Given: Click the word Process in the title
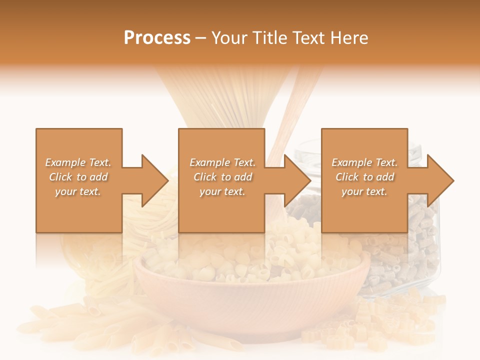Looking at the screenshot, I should [x=157, y=38].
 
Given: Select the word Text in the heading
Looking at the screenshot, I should [x=307, y=38].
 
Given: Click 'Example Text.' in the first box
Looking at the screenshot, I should [x=78, y=162].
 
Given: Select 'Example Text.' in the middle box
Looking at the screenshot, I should [x=222, y=162].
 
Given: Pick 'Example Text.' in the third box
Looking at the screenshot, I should [x=364, y=162].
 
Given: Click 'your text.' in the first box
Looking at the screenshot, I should [x=78, y=191].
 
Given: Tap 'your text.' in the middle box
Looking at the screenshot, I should [x=222, y=191].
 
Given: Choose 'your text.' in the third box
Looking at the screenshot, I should [x=364, y=191].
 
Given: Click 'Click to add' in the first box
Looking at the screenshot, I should [x=78, y=177].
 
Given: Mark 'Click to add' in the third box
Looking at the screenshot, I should [x=364, y=177].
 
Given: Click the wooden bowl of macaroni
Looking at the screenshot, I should [x=250, y=290].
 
